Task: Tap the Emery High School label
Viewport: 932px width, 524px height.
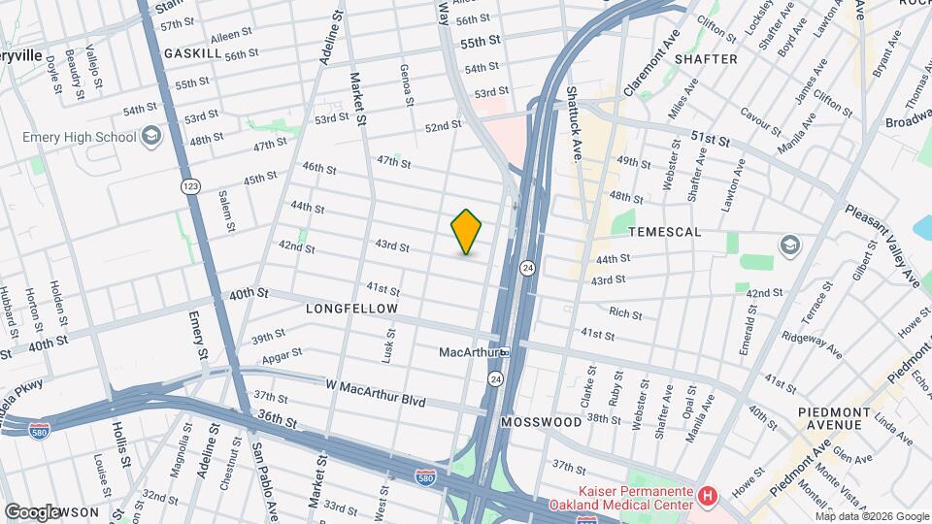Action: tap(80, 137)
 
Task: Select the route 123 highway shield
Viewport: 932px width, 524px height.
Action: tap(188, 184)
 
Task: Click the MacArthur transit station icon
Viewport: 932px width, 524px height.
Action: tap(505, 351)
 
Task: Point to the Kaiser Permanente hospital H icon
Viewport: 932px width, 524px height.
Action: tap(708, 497)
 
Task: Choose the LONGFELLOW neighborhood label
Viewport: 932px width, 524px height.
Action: tap(352, 309)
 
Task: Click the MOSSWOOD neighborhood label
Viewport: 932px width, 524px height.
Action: tap(541, 422)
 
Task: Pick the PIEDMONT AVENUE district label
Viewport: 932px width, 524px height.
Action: tap(831, 418)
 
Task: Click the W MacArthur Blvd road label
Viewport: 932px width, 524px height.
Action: tap(376, 385)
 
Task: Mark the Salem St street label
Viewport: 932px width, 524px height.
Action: tap(227, 211)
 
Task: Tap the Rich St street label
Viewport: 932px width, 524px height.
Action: tap(625, 313)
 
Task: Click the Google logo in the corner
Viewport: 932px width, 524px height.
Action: tap(32, 511)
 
